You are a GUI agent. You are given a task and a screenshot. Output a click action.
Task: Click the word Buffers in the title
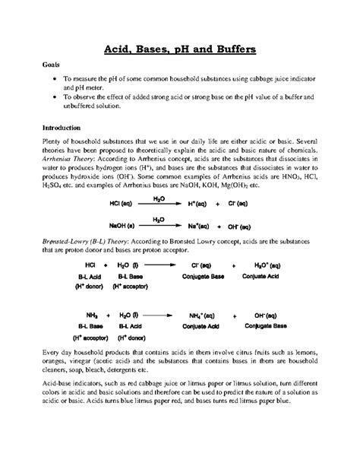[x=229, y=51]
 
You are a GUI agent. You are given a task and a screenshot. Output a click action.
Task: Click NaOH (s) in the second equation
[x=124, y=226]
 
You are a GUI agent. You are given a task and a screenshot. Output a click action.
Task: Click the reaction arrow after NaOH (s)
[x=159, y=226]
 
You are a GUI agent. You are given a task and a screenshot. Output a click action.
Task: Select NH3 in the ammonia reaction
[x=93, y=314]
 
